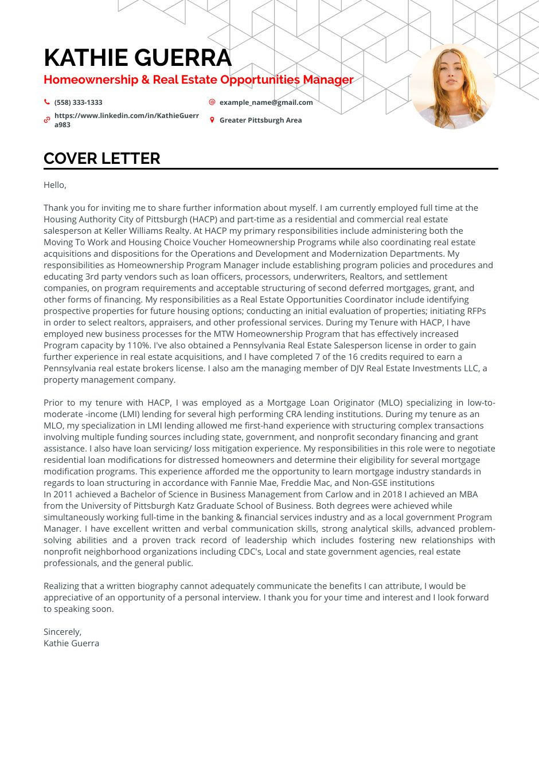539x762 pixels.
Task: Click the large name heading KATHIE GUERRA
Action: (138, 58)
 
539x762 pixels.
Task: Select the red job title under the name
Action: (198, 80)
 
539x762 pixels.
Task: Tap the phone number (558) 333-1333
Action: (78, 103)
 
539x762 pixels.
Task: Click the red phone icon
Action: (47, 102)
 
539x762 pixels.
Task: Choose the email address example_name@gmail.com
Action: (266, 103)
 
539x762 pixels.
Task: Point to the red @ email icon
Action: (212, 102)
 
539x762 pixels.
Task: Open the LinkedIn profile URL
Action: (126, 120)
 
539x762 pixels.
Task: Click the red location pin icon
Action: (212, 120)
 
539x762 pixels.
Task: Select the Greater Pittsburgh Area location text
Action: (260, 120)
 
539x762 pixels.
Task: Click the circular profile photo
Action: (452, 87)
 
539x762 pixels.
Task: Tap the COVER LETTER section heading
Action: (102, 159)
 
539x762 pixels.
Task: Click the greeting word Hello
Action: (54, 185)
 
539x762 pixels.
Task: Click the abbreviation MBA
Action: (468, 494)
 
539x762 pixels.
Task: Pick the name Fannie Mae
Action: (264, 483)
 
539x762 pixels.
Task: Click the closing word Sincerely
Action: (62, 632)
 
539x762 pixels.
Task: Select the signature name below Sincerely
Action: (71, 643)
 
